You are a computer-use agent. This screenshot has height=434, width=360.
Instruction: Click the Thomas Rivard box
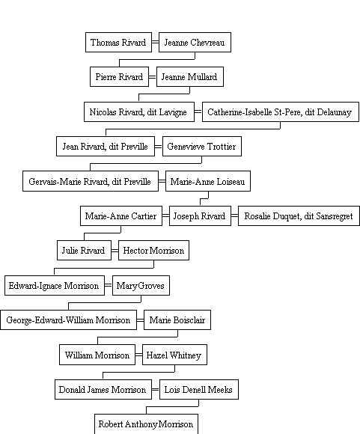point(118,42)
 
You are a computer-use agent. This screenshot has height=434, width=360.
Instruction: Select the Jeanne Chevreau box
point(195,42)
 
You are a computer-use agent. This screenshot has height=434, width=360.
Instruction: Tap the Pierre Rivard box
point(119,76)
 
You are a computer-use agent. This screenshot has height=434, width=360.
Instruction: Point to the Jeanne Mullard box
point(190,76)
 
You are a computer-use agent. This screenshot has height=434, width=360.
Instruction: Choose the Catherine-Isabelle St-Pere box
point(281,111)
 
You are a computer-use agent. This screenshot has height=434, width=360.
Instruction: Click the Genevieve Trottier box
point(202,146)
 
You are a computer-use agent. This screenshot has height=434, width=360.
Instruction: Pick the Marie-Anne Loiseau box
point(208,181)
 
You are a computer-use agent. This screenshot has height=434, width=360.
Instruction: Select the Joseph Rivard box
point(200,216)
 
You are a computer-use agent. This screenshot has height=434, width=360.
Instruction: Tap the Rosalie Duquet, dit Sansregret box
point(299,216)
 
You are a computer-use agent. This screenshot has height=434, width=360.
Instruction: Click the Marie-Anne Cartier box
point(121,216)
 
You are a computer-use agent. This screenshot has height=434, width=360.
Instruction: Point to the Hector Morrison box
point(153,250)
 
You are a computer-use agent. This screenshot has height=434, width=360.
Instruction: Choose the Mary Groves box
point(141,285)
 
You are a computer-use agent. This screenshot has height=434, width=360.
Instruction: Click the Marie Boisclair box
point(177,320)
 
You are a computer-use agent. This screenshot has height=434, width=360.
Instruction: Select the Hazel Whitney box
point(174,355)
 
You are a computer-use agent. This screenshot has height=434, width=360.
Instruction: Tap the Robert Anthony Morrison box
point(146,424)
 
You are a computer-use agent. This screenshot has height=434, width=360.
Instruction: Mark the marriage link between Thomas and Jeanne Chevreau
point(156,42)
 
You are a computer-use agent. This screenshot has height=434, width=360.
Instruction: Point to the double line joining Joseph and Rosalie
point(234,216)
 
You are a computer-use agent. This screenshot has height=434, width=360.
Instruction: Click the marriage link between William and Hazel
point(138,355)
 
